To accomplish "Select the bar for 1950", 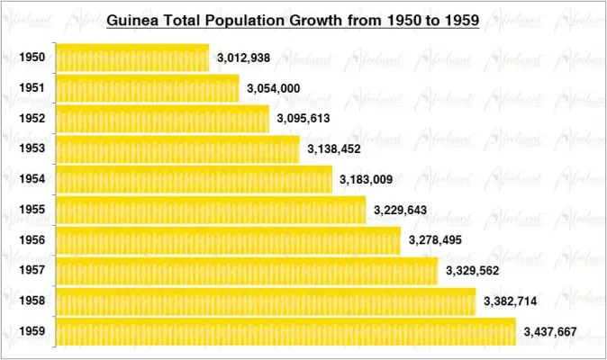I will click(132, 58).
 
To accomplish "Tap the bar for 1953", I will click(177, 149).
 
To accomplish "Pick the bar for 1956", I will click(228, 240).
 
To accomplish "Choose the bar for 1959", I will click(285, 332).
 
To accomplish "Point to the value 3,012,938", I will click(244, 58).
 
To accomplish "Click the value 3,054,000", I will click(274, 88).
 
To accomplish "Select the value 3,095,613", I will click(303, 119).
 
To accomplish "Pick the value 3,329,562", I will click(473, 271).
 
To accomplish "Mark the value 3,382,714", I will click(511, 301).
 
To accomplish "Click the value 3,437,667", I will click(550, 332).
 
